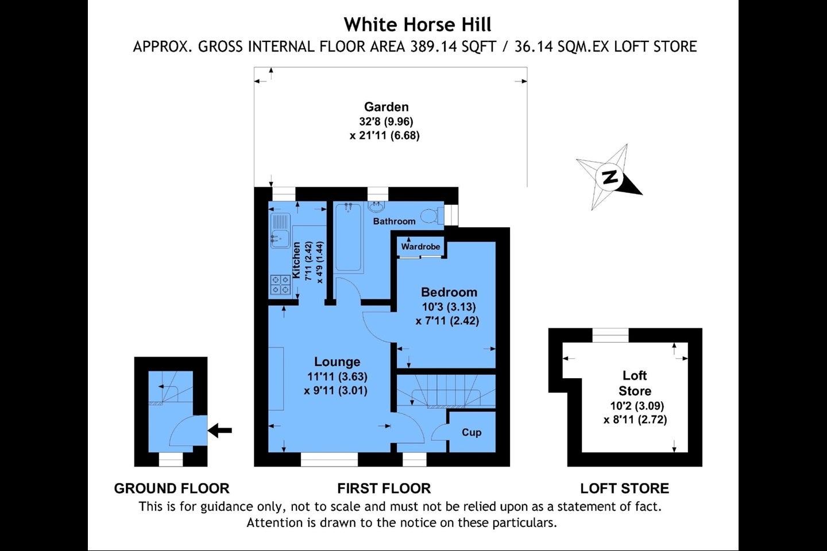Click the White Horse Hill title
(418, 25)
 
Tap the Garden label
(386, 107)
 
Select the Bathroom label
(394, 221)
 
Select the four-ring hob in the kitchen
(280, 285)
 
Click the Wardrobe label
(420, 247)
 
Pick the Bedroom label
(449, 292)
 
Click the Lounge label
(337, 362)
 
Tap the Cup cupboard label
(472, 433)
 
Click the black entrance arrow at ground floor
(220, 430)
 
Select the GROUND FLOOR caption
(172, 488)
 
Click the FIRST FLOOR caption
(384, 488)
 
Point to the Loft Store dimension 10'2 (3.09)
(637, 406)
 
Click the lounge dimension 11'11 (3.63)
(338, 377)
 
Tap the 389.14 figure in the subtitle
(433, 47)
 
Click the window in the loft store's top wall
(610, 335)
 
